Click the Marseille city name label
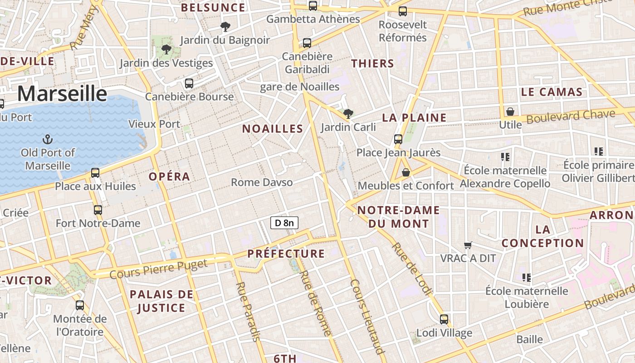(62, 94)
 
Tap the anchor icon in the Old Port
(47, 139)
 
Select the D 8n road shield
(284, 222)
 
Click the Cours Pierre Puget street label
(158, 269)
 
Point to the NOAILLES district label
(272, 129)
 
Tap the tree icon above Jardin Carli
(348, 113)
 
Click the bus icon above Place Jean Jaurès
(398, 139)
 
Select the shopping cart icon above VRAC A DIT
(468, 245)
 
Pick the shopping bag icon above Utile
(510, 112)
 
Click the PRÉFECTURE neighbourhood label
(286, 254)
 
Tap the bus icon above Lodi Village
(444, 319)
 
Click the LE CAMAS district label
(552, 92)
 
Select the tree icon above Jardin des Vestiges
(166, 49)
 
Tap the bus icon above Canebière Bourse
(189, 83)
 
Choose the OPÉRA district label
(169, 177)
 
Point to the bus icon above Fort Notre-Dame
(98, 210)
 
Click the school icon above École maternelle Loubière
(526, 277)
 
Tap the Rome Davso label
(262, 182)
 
